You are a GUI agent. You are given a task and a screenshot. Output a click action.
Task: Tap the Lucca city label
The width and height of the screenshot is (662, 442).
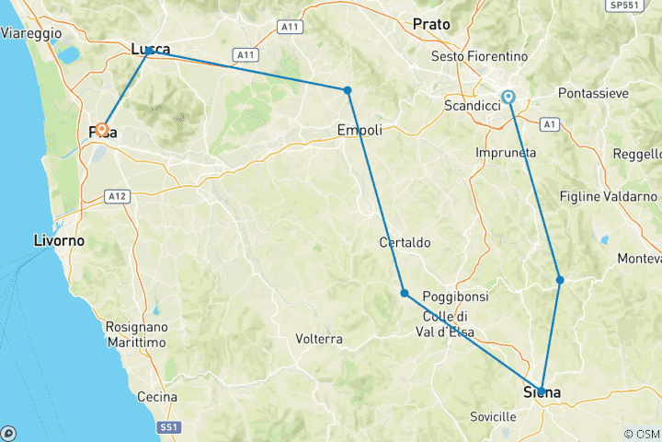pos(151,49)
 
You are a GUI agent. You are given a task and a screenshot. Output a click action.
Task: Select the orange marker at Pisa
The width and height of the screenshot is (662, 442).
pos(102,130)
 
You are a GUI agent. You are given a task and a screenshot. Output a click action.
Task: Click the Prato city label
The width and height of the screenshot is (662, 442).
pos(432,24)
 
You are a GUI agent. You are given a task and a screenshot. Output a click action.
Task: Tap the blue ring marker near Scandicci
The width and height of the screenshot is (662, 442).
pos(508,96)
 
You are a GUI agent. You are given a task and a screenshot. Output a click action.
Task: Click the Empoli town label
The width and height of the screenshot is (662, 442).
pos(360,130)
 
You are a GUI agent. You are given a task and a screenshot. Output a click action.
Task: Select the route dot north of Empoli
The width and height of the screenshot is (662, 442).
pos(348,90)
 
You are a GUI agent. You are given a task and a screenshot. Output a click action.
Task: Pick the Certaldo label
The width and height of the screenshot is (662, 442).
pos(405,242)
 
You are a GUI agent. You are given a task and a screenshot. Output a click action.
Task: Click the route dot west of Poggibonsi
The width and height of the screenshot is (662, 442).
pos(405,293)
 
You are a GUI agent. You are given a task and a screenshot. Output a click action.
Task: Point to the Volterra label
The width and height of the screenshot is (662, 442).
pos(319,339)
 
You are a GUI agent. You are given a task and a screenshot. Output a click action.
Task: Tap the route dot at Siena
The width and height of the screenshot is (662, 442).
pos(541,390)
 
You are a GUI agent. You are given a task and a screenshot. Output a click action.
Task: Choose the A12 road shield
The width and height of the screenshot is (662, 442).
pos(116,196)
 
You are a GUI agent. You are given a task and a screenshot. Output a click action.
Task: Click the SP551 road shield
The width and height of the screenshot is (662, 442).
pos(625,6)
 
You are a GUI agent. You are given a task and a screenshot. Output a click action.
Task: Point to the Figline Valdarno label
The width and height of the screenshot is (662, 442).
pos(609,196)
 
